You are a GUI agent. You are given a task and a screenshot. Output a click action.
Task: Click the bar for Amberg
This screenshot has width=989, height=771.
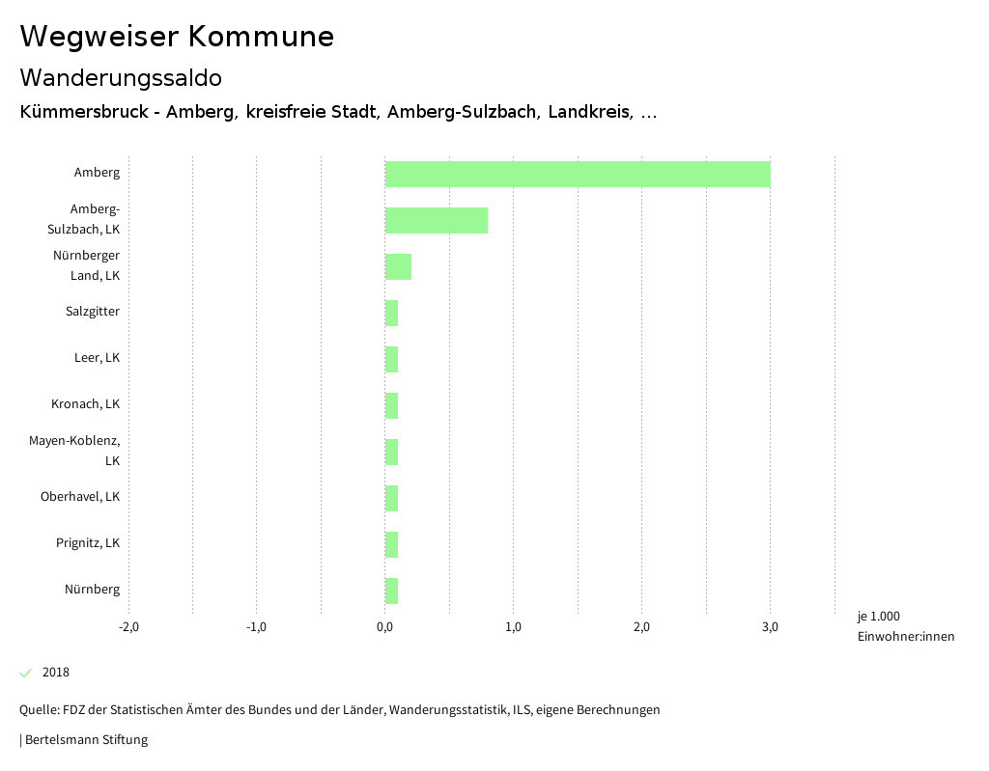tap(578, 174)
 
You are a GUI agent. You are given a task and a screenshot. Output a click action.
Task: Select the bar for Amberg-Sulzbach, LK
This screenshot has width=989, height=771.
tap(437, 220)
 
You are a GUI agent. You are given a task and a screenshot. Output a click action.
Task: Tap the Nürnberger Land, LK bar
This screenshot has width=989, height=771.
tap(398, 266)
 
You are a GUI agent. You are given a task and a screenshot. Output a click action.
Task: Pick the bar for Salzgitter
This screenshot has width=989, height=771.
tap(391, 313)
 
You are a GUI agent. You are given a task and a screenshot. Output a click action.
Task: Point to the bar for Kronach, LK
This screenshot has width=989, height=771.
tap(391, 405)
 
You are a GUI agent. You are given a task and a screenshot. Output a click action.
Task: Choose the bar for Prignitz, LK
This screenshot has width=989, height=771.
tap(391, 544)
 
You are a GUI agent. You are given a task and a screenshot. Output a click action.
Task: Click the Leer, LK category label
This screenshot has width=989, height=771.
tap(97, 358)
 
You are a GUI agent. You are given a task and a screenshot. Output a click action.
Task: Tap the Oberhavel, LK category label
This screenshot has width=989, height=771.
tap(80, 497)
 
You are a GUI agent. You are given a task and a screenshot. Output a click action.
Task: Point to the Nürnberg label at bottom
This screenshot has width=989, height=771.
tap(93, 590)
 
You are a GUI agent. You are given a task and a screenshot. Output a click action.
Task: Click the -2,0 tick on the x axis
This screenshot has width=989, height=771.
tap(128, 627)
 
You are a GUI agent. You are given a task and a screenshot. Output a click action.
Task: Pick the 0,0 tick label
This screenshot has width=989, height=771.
tap(384, 627)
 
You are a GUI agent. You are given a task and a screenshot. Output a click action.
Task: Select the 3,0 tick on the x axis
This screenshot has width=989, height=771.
tap(770, 627)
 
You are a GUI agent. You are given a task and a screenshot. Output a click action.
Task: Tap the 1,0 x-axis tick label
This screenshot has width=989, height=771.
tap(513, 627)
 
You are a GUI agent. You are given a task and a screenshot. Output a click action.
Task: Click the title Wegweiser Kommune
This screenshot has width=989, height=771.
tap(177, 37)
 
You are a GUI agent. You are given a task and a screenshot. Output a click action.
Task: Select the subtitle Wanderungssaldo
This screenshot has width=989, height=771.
tap(121, 77)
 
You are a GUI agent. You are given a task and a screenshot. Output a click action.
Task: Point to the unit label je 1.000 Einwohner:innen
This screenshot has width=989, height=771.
tap(905, 626)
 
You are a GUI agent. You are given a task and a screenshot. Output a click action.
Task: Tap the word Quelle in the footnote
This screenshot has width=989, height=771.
tap(38, 710)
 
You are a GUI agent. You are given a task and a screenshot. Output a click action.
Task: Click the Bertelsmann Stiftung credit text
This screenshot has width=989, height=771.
tap(86, 740)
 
